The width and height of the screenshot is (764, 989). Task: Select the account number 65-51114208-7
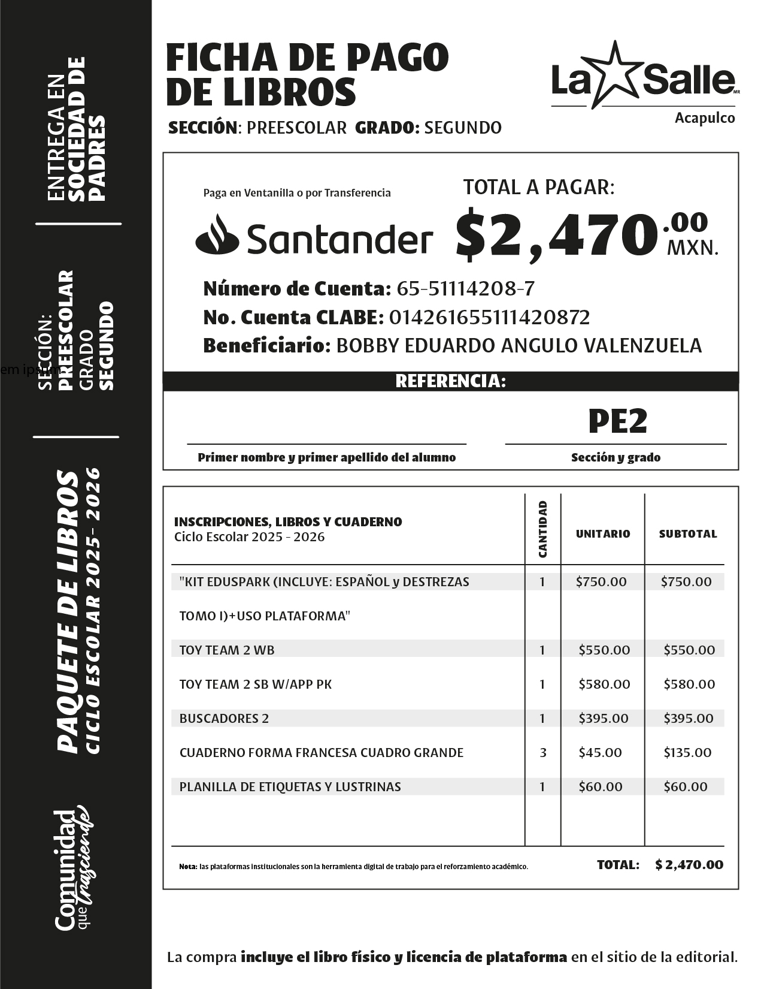coord(465,289)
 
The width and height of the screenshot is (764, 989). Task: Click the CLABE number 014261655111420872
coord(489,317)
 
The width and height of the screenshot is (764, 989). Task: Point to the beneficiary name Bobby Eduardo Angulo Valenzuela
coord(519,345)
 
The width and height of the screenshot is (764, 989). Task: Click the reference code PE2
coord(617,421)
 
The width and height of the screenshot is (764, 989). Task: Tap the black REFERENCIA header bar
coord(450,381)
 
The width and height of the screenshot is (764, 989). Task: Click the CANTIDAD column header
coord(542,529)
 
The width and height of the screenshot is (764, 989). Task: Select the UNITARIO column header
coord(603,533)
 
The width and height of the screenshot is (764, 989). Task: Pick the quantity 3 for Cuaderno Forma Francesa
coord(542,752)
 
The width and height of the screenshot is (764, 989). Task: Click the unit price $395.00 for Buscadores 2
coord(604,718)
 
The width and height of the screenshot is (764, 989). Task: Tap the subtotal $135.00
coord(687,752)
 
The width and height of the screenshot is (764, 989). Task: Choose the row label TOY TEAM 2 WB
coord(227,650)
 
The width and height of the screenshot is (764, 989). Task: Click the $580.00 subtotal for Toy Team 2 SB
coord(689,684)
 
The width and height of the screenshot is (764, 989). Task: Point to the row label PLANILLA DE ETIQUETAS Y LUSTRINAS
coord(290,786)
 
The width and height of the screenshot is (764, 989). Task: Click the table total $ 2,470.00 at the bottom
coord(689,864)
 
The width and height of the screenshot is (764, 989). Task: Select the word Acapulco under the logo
coord(705,118)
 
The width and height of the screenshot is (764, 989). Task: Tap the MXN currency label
coord(692,247)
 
